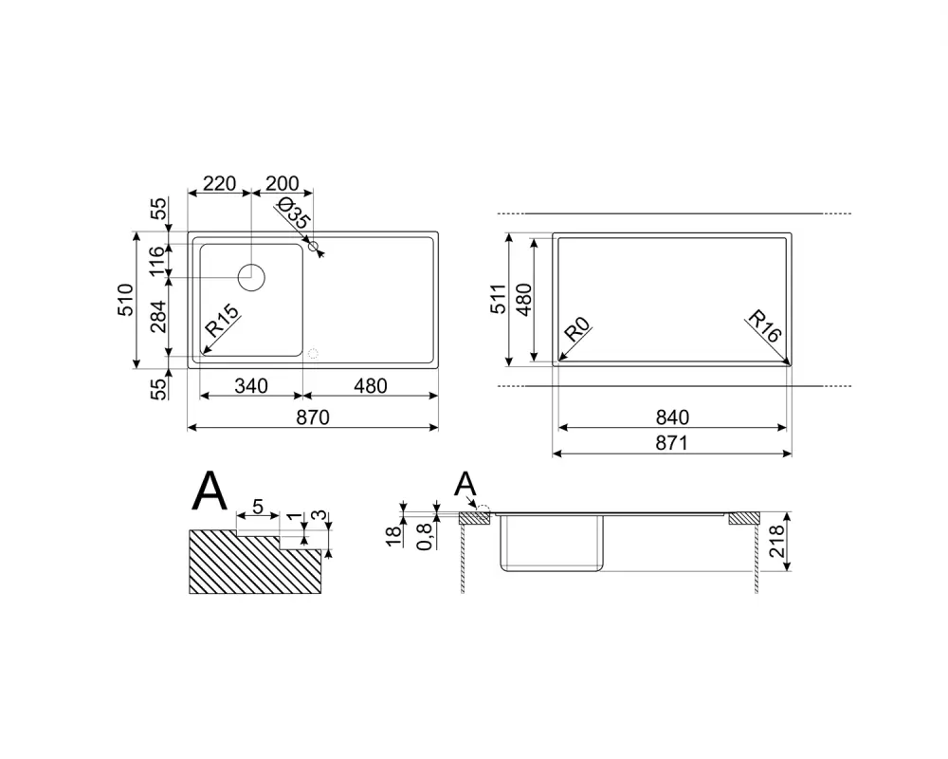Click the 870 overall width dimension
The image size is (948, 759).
(x=313, y=417)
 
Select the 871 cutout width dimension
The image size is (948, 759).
(x=672, y=443)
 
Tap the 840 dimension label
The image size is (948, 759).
(x=672, y=417)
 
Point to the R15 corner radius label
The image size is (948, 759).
(x=222, y=322)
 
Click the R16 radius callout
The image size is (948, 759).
(x=765, y=325)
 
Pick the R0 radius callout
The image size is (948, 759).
(x=576, y=330)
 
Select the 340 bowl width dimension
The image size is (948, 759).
(x=251, y=385)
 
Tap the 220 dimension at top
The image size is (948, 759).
(x=219, y=183)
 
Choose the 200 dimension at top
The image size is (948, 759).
(x=283, y=183)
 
